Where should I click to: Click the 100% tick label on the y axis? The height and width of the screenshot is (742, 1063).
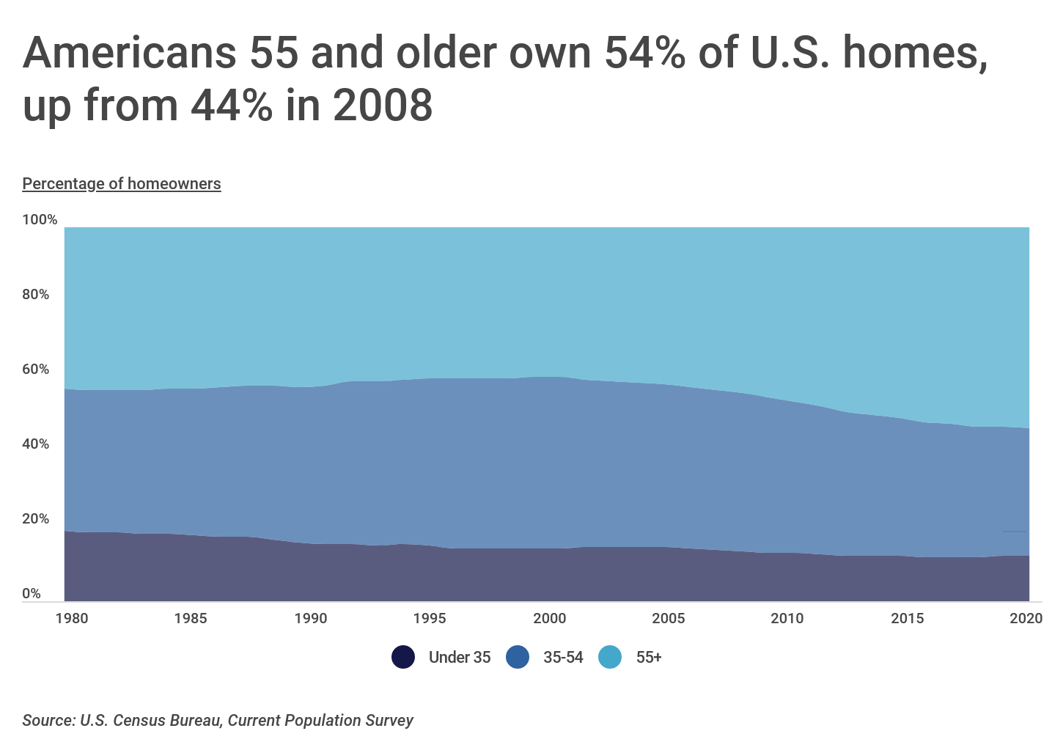[x=40, y=220]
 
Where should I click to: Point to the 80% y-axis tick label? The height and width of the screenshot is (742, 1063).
[x=36, y=295]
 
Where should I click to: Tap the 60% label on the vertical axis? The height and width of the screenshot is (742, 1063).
[x=36, y=370]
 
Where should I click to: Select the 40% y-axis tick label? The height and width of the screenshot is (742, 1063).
[x=36, y=444]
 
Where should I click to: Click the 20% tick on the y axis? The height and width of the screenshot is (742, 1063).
[x=36, y=519]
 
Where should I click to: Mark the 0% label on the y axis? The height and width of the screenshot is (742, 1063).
[x=32, y=594]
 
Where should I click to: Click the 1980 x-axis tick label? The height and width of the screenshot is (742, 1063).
[x=71, y=619]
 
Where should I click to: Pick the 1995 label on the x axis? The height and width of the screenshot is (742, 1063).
[x=430, y=619]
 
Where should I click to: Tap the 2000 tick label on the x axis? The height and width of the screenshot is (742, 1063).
[x=549, y=619]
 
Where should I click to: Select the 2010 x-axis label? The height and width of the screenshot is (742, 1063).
[x=787, y=619]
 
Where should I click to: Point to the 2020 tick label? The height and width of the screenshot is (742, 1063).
[x=1026, y=619]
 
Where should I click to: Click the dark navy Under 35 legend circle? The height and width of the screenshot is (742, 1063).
[x=403, y=657]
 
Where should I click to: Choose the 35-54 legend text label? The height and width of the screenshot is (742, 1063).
[x=563, y=658]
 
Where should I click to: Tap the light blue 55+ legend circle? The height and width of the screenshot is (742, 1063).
[x=610, y=657]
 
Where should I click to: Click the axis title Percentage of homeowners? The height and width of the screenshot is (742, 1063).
[x=122, y=184]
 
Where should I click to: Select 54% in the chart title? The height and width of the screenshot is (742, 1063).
[x=644, y=53]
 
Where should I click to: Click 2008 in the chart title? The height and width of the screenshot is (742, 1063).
[x=383, y=106]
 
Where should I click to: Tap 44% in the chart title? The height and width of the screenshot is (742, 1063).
[x=232, y=106]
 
